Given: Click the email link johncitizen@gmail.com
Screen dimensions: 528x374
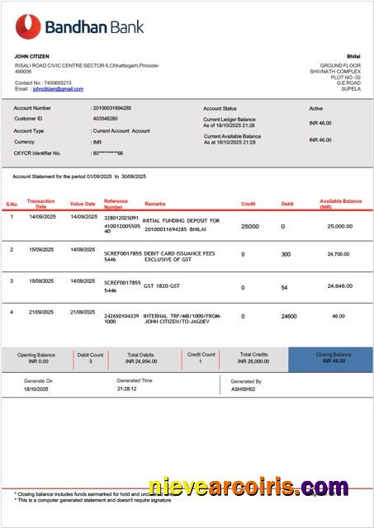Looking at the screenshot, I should pyautogui.click(x=64, y=89).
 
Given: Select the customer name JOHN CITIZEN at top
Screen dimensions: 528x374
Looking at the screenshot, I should pyautogui.click(x=32, y=56).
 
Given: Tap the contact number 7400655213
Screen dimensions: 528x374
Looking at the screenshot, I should pyautogui.click(x=58, y=83).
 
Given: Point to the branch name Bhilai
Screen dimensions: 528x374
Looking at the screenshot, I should pyautogui.click(x=353, y=56).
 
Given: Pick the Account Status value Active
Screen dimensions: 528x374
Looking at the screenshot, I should pyautogui.click(x=315, y=109).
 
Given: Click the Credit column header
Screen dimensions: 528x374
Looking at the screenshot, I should pyautogui.click(x=248, y=203).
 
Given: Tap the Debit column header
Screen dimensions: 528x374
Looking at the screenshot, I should pyautogui.click(x=286, y=203).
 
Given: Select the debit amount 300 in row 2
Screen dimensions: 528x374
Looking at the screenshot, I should pyautogui.click(x=286, y=254).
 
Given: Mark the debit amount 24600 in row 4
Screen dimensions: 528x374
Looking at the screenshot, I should pyautogui.click(x=289, y=317).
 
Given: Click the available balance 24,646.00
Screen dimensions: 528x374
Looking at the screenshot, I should pyautogui.click(x=338, y=286).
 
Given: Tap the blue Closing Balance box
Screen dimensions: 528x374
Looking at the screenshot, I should pyautogui.click(x=329, y=358).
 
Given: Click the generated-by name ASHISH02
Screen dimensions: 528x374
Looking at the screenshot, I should pyautogui.click(x=243, y=389).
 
